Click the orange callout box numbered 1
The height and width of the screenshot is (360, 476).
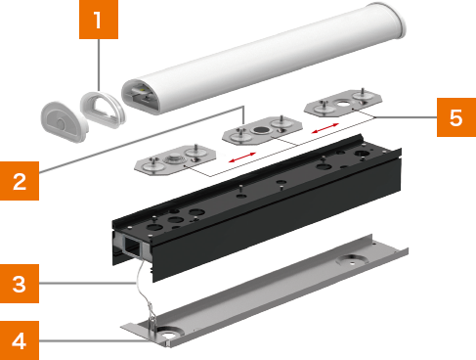(99, 20)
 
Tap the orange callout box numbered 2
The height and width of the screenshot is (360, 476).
(20, 181)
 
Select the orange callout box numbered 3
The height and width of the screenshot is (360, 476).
(20, 284)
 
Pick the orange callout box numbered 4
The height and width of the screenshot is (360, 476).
(20, 340)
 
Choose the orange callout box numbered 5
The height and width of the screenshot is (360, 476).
(456, 117)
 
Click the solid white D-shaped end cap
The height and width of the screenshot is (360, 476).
(64, 121)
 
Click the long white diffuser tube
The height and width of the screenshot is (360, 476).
(264, 59)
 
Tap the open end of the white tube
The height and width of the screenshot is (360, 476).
(141, 96)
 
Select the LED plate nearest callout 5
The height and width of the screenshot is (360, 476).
(343, 103)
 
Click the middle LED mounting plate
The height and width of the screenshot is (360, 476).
(262, 130)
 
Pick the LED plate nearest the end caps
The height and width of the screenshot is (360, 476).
(175, 159)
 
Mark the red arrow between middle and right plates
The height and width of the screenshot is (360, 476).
(325, 128)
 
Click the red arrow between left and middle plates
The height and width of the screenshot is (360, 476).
(242, 157)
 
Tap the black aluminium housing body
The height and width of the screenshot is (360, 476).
(257, 208)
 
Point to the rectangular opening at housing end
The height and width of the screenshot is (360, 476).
(133, 247)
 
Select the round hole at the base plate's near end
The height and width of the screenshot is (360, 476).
(168, 335)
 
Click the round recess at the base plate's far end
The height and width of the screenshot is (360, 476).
(352, 261)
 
